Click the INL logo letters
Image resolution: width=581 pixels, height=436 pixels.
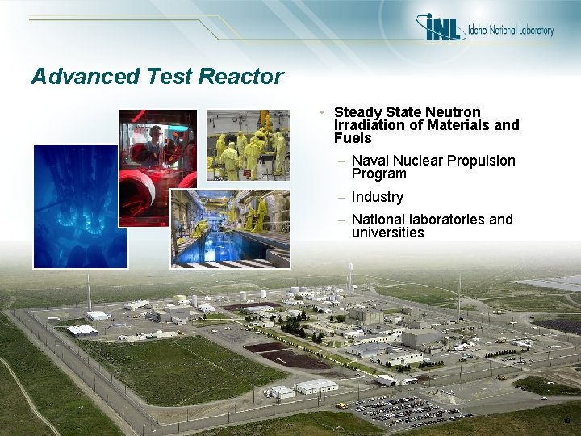tap(441, 27)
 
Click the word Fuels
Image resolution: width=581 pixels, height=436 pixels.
tap(353, 138)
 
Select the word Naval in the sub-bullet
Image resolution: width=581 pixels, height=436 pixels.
tap(370, 161)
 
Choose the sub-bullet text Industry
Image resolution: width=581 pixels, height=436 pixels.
tap(377, 197)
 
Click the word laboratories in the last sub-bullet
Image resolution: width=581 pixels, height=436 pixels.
tap(445, 220)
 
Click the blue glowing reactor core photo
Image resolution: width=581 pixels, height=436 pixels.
tap(80, 207)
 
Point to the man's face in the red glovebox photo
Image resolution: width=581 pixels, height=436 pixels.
tap(156, 132)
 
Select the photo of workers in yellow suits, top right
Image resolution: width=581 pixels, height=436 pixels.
tap(248, 145)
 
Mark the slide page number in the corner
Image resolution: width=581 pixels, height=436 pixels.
tap(566, 421)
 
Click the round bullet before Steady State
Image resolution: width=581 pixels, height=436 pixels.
tap(322, 112)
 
